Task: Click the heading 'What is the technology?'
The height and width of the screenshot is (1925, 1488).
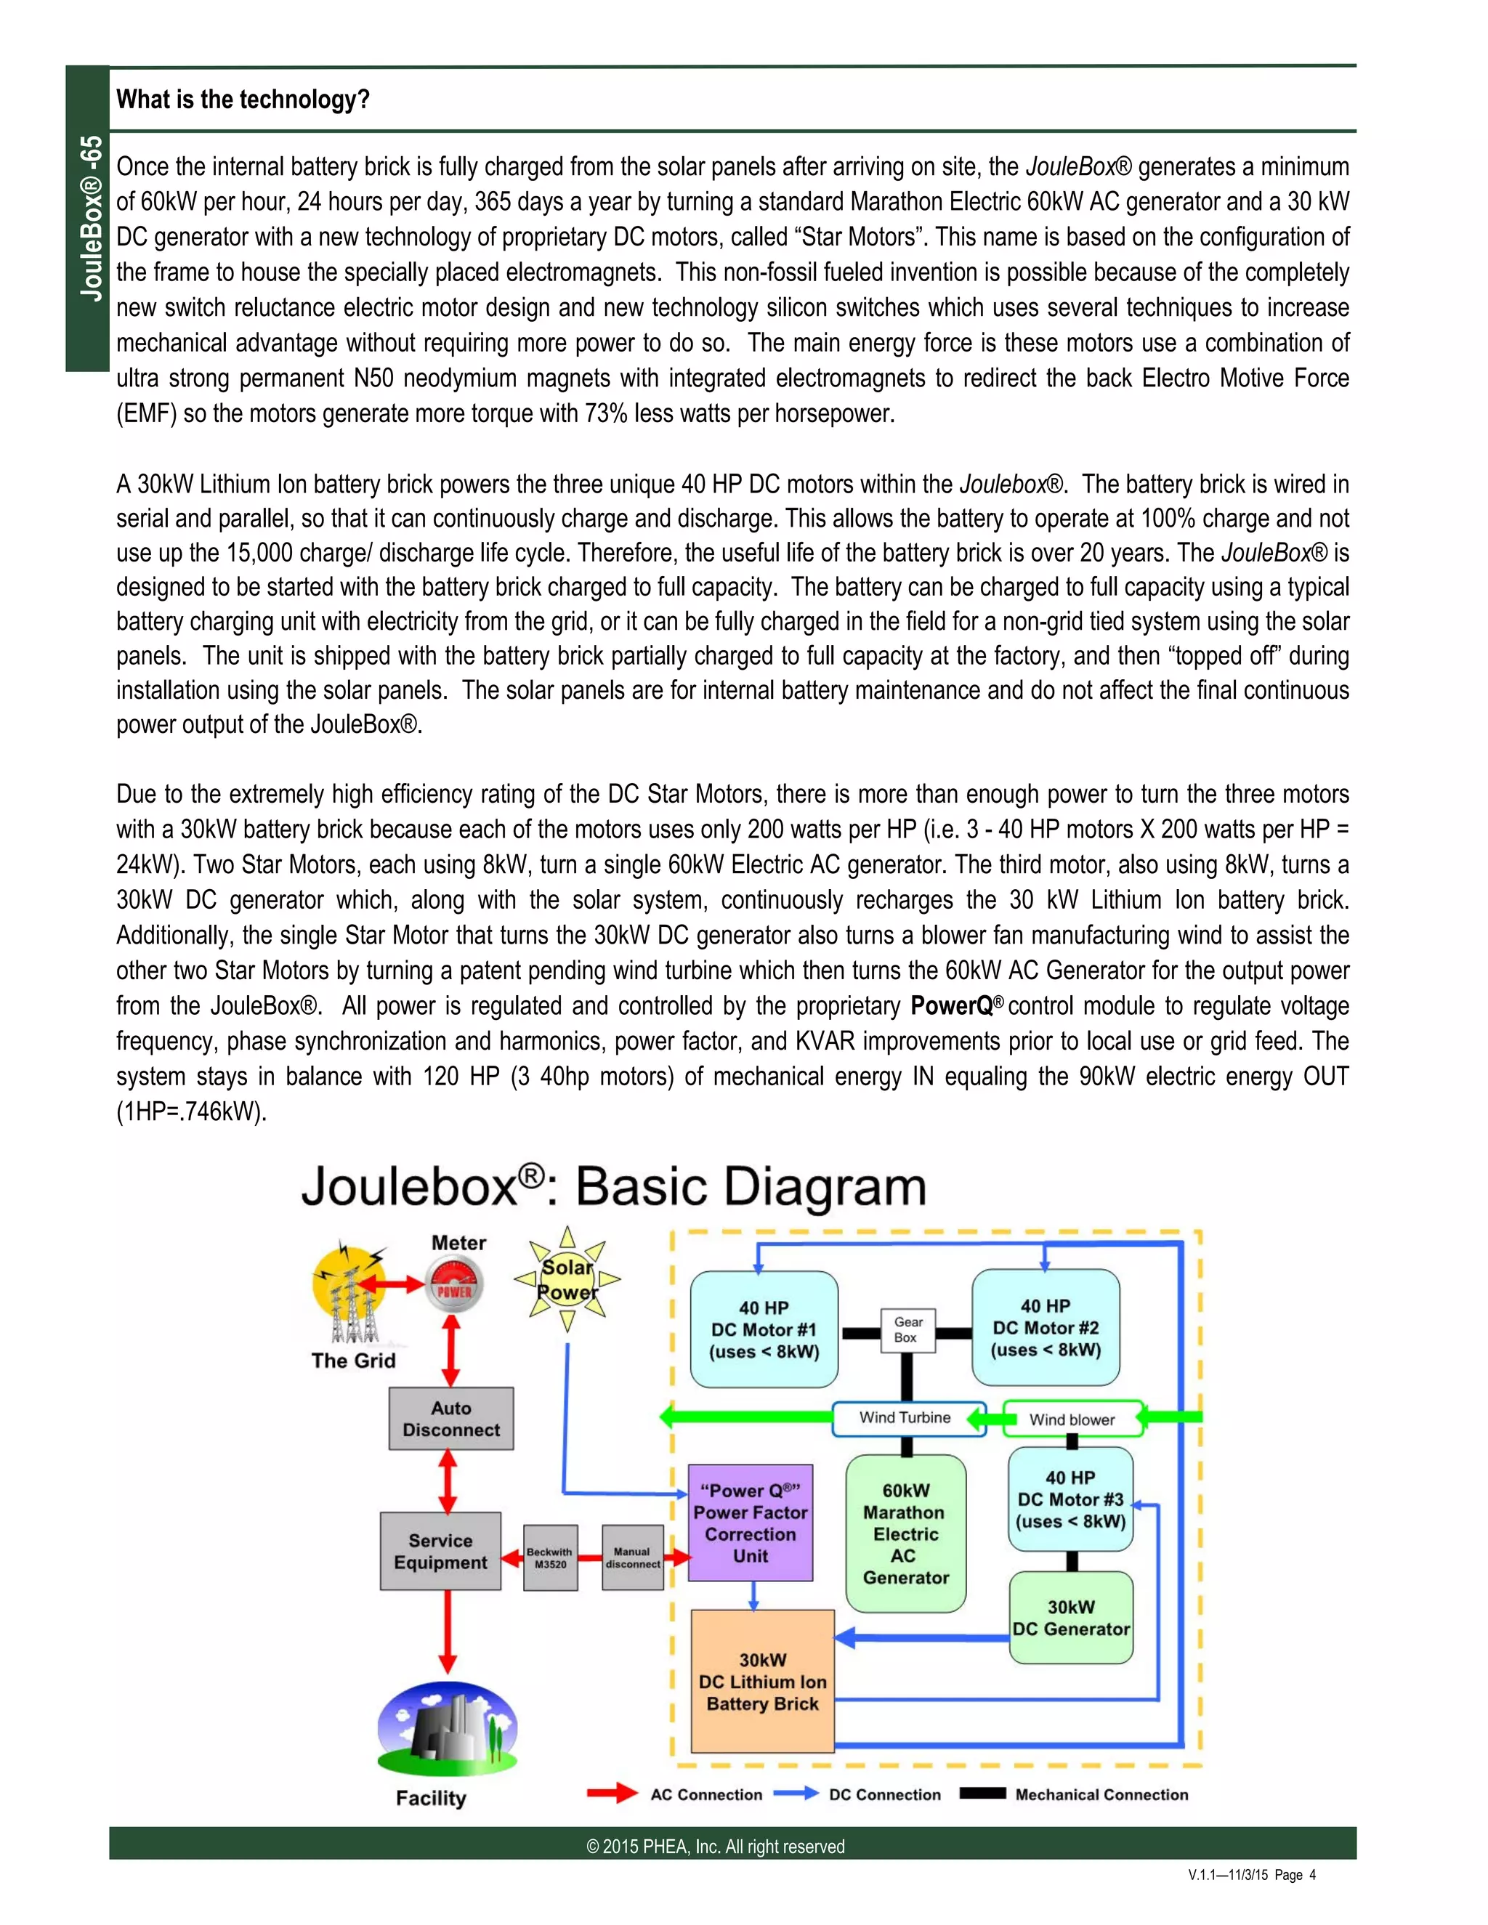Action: click(243, 100)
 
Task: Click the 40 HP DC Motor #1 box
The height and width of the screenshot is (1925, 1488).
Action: click(764, 1329)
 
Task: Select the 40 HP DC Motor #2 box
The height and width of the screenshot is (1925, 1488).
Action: click(1046, 1327)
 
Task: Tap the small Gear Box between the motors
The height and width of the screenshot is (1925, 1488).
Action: click(907, 1329)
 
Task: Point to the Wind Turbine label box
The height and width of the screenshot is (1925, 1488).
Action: click(907, 1417)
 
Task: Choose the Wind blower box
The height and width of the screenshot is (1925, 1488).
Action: click(1072, 1419)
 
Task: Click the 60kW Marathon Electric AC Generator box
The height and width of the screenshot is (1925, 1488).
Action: click(905, 1533)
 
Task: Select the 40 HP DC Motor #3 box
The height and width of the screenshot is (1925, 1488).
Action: click(1070, 1499)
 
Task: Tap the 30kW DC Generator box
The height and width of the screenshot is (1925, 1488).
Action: click(1070, 1618)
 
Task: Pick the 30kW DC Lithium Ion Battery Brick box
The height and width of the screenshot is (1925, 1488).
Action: click(762, 1682)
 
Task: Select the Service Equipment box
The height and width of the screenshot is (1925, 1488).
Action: click(441, 1552)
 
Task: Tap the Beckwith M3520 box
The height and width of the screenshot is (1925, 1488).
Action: click(550, 1557)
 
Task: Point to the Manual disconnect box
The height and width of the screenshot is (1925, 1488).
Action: click(632, 1557)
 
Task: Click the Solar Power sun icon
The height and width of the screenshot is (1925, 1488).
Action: click(567, 1280)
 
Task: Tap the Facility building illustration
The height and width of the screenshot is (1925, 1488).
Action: click(447, 1730)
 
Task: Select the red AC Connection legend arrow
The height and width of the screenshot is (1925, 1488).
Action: click(612, 1794)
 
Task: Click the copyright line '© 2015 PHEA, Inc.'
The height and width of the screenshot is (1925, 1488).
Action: click(715, 1847)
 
